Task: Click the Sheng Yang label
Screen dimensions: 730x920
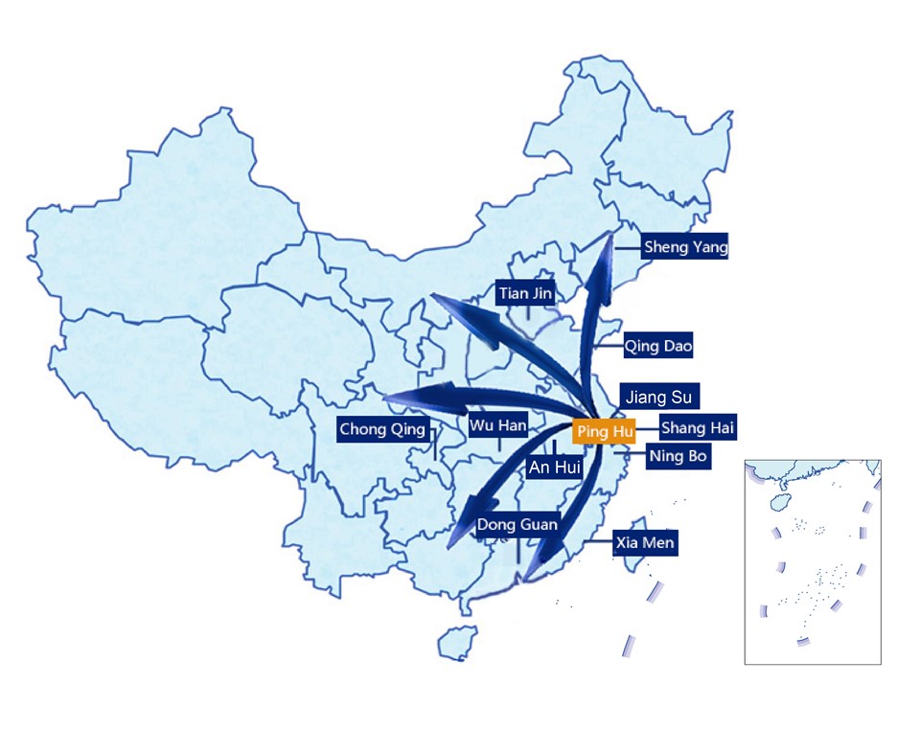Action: pyautogui.click(x=685, y=247)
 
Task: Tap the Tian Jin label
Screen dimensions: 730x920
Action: pyautogui.click(x=525, y=293)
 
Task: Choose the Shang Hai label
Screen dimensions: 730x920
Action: pyautogui.click(x=698, y=428)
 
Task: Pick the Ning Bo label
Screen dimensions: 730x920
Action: pyautogui.click(x=678, y=456)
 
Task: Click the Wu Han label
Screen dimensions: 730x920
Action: pyautogui.click(x=498, y=424)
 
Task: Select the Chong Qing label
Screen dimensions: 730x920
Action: pyautogui.click(x=382, y=429)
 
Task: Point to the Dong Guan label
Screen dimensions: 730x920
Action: pyautogui.click(x=517, y=524)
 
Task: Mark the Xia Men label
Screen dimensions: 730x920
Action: pyautogui.click(x=645, y=543)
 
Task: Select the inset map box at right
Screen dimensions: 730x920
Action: pyautogui.click(x=813, y=561)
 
